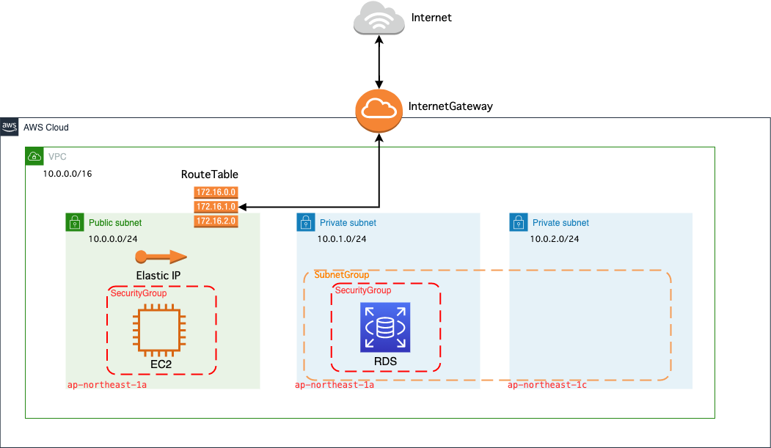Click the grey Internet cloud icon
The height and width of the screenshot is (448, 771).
[x=379, y=18]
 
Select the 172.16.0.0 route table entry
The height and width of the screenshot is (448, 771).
[x=216, y=192]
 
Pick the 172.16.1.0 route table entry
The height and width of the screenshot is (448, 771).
[x=216, y=207]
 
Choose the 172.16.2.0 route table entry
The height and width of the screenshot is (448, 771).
[x=216, y=221]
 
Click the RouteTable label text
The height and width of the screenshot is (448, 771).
[x=210, y=175]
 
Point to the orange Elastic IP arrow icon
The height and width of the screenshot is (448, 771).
[x=161, y=257]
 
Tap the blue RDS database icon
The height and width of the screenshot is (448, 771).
[x=385, y=327]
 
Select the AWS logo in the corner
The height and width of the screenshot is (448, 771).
[x=10, y=126]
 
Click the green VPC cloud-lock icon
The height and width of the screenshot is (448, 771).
[x=34, y=156]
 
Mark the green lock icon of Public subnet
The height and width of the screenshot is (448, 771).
[x=74, y=222]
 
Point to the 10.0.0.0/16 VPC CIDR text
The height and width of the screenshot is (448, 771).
[x=67, y=174]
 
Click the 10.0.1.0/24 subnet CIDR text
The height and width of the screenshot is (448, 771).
[x=341, y=239]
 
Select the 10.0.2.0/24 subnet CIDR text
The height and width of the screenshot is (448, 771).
[x=555, y=239]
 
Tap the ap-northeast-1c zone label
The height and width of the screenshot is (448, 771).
[x=547, y=385]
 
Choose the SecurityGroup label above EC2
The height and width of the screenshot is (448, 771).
[x=139, y=293]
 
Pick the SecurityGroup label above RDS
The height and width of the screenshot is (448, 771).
[x=363, y=290]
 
